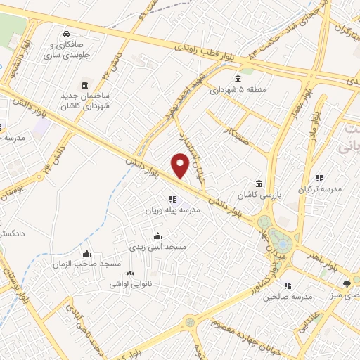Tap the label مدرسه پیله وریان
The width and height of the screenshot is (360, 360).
click(173, 211)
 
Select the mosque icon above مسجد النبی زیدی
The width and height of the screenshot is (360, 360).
click(157, 236)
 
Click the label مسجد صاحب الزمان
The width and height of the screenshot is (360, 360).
click(87, 264)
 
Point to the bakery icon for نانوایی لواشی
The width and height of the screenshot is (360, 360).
click(129, 274)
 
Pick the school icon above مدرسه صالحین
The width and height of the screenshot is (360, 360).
click(288, 285)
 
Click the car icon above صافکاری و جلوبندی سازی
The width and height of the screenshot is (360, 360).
click(65, 34)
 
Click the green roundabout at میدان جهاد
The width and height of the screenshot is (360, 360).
click(281, 243)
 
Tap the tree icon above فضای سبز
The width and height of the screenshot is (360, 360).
click(346, 285)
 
